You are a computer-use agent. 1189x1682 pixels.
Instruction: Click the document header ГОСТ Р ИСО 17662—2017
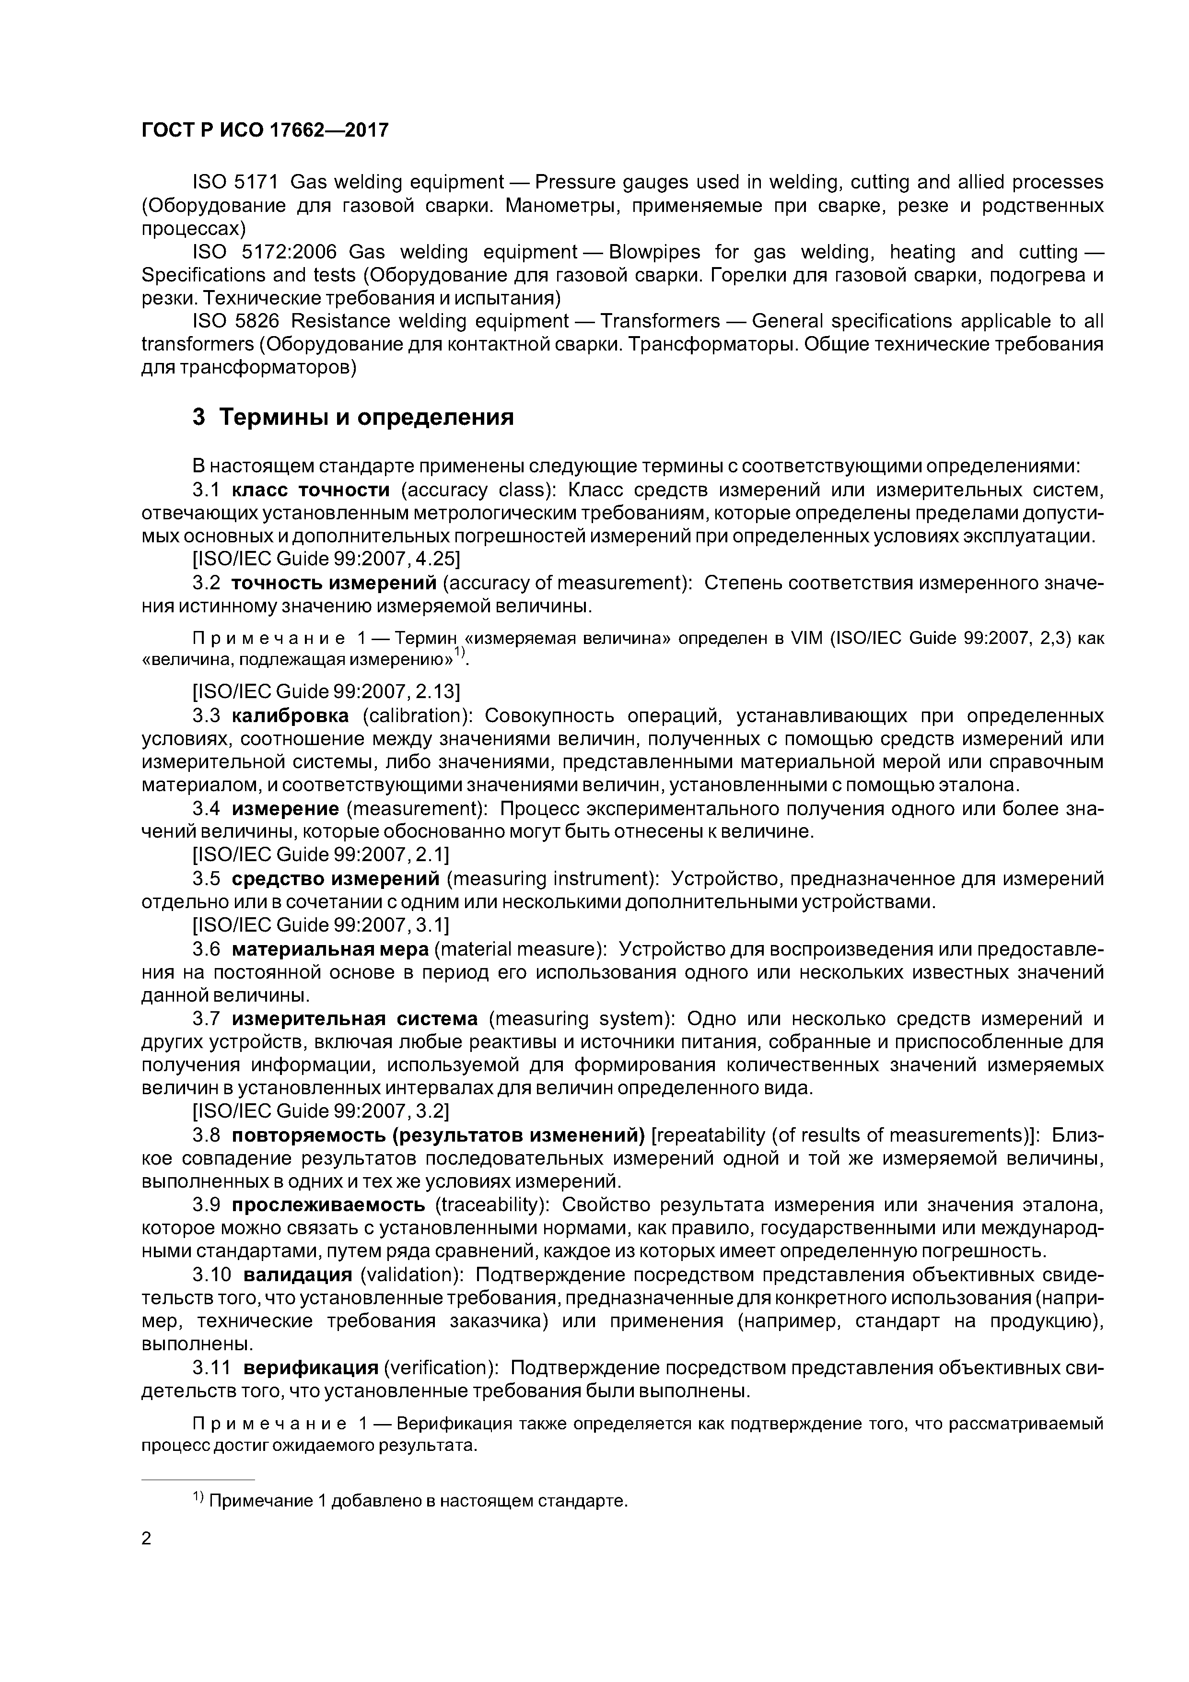click(x=265, y=130)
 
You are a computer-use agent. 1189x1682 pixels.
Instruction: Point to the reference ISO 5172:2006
click(x=264, y=252)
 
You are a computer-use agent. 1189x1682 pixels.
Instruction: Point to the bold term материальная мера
click(x=330, y=949)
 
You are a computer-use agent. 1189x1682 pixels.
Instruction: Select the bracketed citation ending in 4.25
click(x=325, y=560)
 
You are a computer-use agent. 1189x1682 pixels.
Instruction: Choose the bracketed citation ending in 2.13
click(x=325, y=691)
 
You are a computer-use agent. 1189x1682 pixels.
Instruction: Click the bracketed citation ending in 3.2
click(x=320, y=1111)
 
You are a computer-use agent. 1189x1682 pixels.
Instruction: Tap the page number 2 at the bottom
click(x=146, y=1539)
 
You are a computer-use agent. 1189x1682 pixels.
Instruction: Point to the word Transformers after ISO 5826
click(x=659, y=321)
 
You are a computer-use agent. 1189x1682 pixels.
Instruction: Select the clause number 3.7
click(x=207, y=1018)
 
